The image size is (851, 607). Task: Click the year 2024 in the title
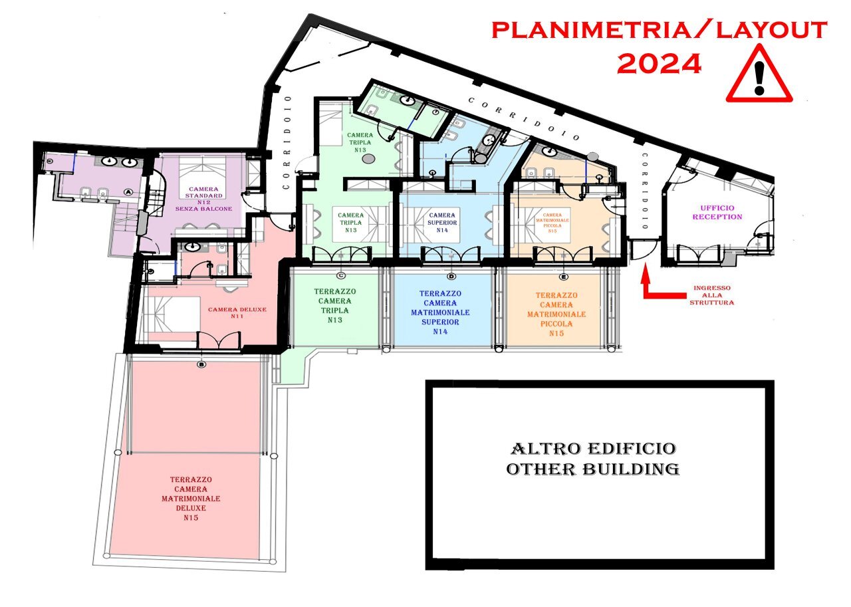(659, 64)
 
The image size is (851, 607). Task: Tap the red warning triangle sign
(759, 78)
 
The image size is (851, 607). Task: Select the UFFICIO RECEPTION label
(717, 212)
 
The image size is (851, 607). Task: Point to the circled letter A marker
(128, 191)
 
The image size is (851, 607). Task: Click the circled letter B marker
(201, 364)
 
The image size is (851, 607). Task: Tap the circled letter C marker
(341, 275)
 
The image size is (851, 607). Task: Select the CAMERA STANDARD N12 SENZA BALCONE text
(204, 198)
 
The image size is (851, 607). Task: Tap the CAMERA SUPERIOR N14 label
(442, 223)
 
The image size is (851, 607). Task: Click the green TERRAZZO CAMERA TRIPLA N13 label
(335, 306)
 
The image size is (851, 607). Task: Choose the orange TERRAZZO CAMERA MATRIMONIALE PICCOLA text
(556, 314)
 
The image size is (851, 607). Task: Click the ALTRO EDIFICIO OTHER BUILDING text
(592, 459)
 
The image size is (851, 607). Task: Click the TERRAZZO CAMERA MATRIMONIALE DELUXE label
(191, 498)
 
